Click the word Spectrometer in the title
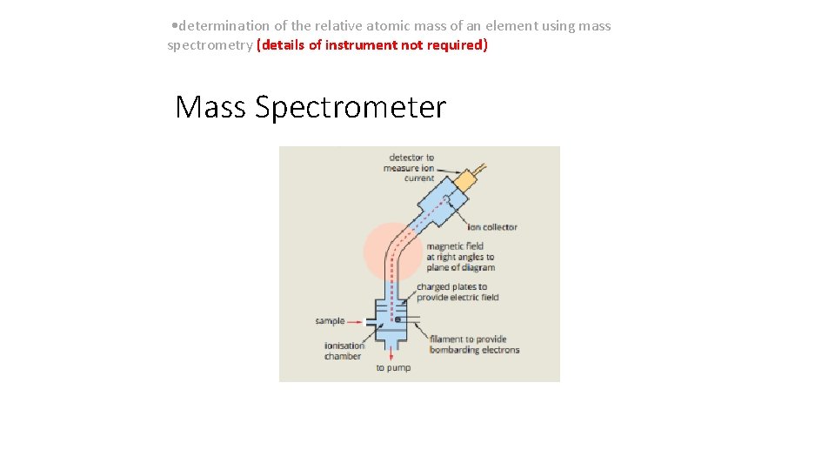click(x=351, y=108)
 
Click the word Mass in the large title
click(x=210, y=107)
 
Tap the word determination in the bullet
click(x=224, y=26)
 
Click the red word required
click(x=454, y=45)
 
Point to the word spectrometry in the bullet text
click(x=210, y=45)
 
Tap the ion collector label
click(x=487, y=227)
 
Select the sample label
click(x=330, y=321)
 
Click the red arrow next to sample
click(x=354, y=321)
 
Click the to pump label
click(x=393, y=368)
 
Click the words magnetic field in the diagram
click(x=454, y=246)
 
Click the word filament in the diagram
click(x=448, y=339)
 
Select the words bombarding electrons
click(x=474, y=350)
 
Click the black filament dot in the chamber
click(x=397, y=319)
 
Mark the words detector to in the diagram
click(x=411, y=158)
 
